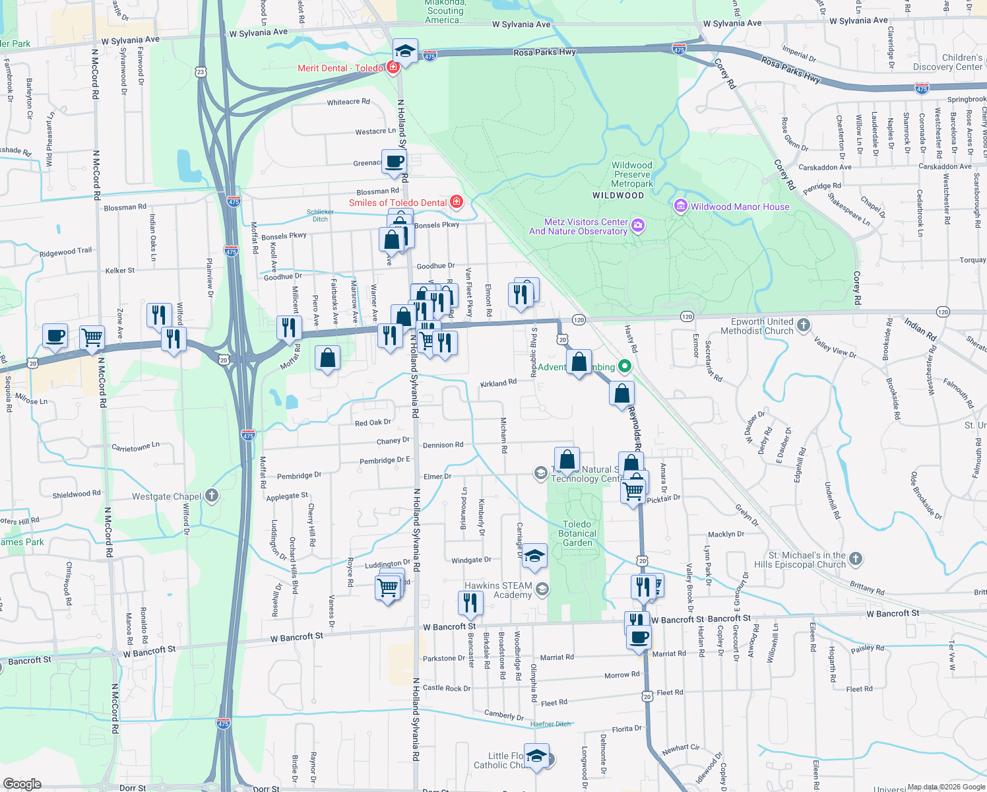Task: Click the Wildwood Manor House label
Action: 740,207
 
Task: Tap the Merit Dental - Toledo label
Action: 340,68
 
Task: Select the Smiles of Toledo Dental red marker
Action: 457,202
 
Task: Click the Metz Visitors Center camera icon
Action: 638,226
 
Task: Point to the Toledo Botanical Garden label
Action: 577,533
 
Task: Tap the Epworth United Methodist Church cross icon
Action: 803,324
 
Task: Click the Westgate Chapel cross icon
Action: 212,496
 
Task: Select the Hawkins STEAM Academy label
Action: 499,590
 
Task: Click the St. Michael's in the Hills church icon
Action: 856,559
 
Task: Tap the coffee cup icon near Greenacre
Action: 394,161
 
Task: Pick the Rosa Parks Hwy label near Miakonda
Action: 544,52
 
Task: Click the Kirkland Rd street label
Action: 498,383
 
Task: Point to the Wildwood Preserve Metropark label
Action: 631,174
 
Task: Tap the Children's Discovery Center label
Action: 947,62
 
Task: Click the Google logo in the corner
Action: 22,783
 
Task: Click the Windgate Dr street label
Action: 471,560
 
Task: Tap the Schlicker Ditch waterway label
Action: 320,215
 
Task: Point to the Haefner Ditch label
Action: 550,724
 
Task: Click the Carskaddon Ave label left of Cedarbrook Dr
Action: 825,168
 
